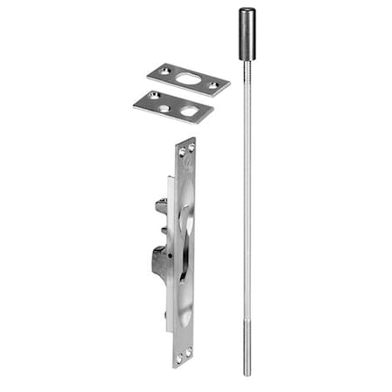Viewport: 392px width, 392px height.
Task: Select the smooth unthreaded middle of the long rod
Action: point(247,200)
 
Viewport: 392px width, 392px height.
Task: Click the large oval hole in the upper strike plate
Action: point(187,78)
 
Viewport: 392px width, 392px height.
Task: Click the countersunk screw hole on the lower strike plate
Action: point(153,95)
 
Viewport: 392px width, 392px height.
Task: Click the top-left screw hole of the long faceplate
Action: point(182,152)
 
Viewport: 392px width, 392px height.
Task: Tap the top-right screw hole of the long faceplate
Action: point(191,148)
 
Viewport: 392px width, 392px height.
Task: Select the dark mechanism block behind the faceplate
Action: point(159,260)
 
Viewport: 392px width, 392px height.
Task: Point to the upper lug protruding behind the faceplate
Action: point(161,207)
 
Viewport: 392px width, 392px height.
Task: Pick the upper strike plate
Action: point(187,78)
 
